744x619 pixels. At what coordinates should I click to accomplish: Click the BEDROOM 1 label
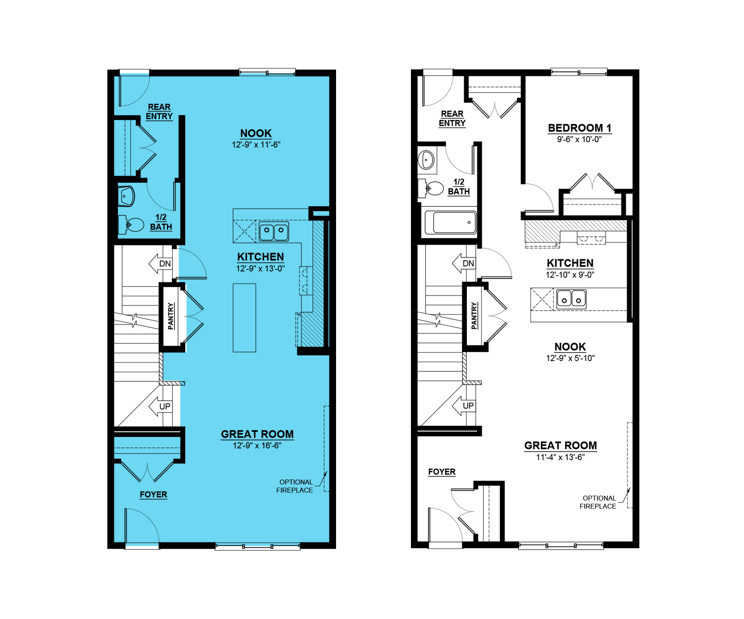[x=579, y=128]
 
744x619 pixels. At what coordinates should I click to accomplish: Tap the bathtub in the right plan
[x=451, y=223]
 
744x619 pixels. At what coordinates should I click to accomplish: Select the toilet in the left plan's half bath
[x=131, y=225]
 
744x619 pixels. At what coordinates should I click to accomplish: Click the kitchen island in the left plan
[x=245, y=318]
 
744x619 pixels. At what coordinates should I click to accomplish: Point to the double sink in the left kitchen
[x=274, y=231]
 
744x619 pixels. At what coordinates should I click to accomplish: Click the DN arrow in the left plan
[x=161, y=263]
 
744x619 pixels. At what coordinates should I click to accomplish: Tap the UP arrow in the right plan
[x=464, y=406]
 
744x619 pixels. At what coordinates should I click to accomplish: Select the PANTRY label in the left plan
[x=171, y=316]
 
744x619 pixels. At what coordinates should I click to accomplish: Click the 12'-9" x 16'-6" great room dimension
[x=257, y=446]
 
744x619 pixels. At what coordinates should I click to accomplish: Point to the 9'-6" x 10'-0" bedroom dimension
[x=579, y=140]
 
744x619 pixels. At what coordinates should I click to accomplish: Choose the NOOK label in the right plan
[x=570, y=347]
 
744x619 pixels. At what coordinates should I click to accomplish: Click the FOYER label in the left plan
[x=153, y=494]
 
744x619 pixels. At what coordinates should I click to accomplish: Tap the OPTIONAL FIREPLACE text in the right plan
[x=598, y=502]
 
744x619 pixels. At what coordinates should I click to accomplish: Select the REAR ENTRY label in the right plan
[x=452, y=118]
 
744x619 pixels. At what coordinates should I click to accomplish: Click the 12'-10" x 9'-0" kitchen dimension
[x=570, y=275]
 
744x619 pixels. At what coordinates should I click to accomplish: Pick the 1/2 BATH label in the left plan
[x=161, y=222]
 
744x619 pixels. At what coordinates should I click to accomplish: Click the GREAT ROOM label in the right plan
[x=561, y=446]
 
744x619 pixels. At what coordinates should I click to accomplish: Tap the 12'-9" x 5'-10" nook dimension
[x=570, y=358]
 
